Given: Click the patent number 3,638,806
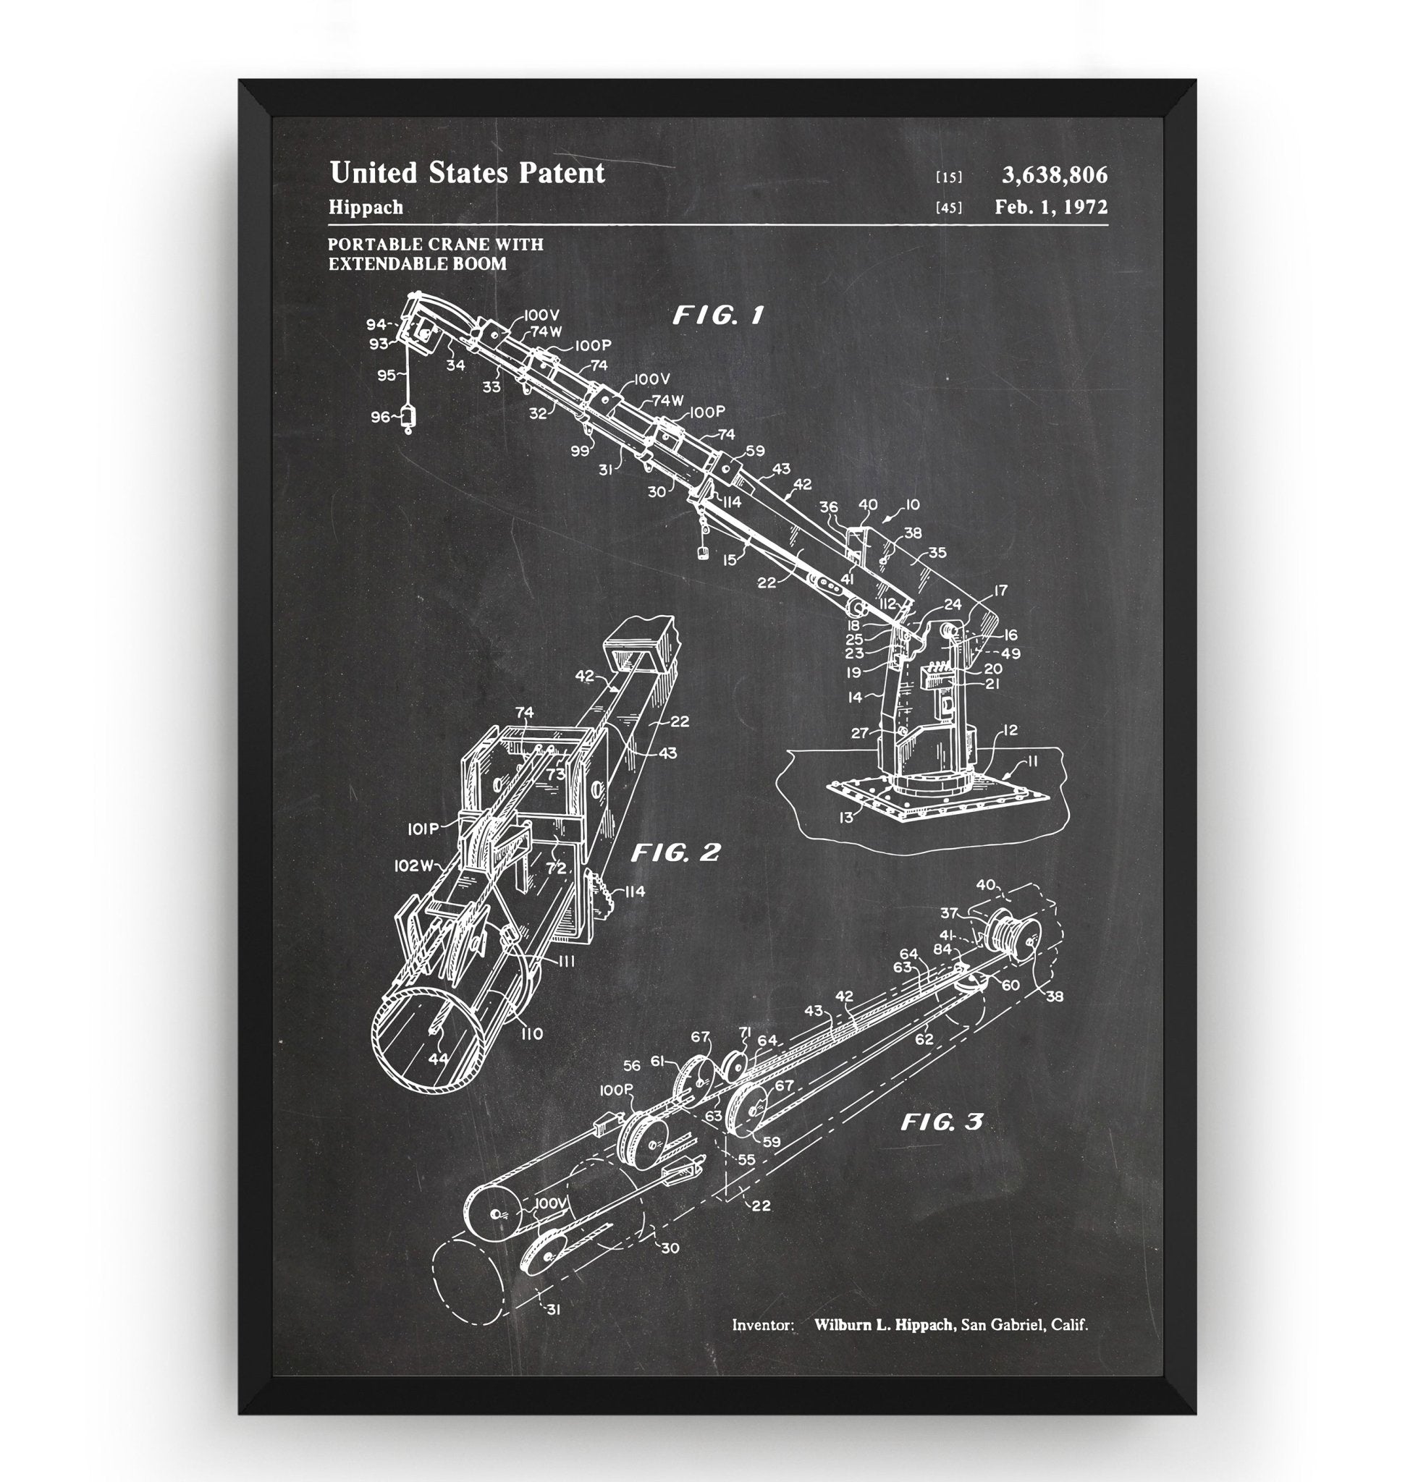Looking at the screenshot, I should pos(1055,175).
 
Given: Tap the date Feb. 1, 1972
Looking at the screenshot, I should pos(1051,208).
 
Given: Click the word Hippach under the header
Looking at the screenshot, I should pos(366,208).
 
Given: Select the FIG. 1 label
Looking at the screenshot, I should pos(717,316).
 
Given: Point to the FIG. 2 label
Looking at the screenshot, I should pos(675,852).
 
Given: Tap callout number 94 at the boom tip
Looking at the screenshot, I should pos(375,324).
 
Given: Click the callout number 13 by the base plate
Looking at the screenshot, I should pos(845,818).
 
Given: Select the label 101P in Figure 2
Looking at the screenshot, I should pos(423,829).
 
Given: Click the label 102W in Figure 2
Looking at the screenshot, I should pos(414,866).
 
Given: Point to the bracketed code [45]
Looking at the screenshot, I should pos(949,208).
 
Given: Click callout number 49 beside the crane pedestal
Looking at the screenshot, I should pos(1011,653).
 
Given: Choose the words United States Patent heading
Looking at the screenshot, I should pos(467,173).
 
